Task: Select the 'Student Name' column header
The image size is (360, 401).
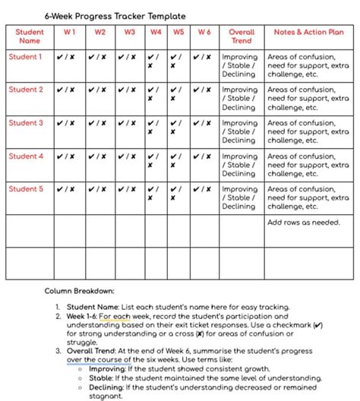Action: [30, 36]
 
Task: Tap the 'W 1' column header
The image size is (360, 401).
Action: [69, 32]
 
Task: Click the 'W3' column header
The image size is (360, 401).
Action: [129, 32]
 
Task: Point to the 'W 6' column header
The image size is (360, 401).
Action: [204, 32]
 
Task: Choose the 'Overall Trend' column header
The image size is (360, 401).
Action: [241, 36]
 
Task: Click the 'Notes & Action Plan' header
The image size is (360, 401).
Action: [308, 32]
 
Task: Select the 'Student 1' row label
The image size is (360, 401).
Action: [26, 56]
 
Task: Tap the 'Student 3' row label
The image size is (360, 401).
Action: [26, 122]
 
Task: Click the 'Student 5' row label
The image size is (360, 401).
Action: [26, 189]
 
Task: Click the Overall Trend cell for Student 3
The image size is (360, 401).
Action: [239, 131]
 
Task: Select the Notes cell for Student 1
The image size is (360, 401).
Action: [308, 65]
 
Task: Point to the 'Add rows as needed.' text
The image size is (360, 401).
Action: [304, 223]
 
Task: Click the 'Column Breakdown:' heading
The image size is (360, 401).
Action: [79, 291]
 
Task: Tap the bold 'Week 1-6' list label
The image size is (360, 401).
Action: [81, 316]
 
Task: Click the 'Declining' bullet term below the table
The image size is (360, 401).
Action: [106, 387]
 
